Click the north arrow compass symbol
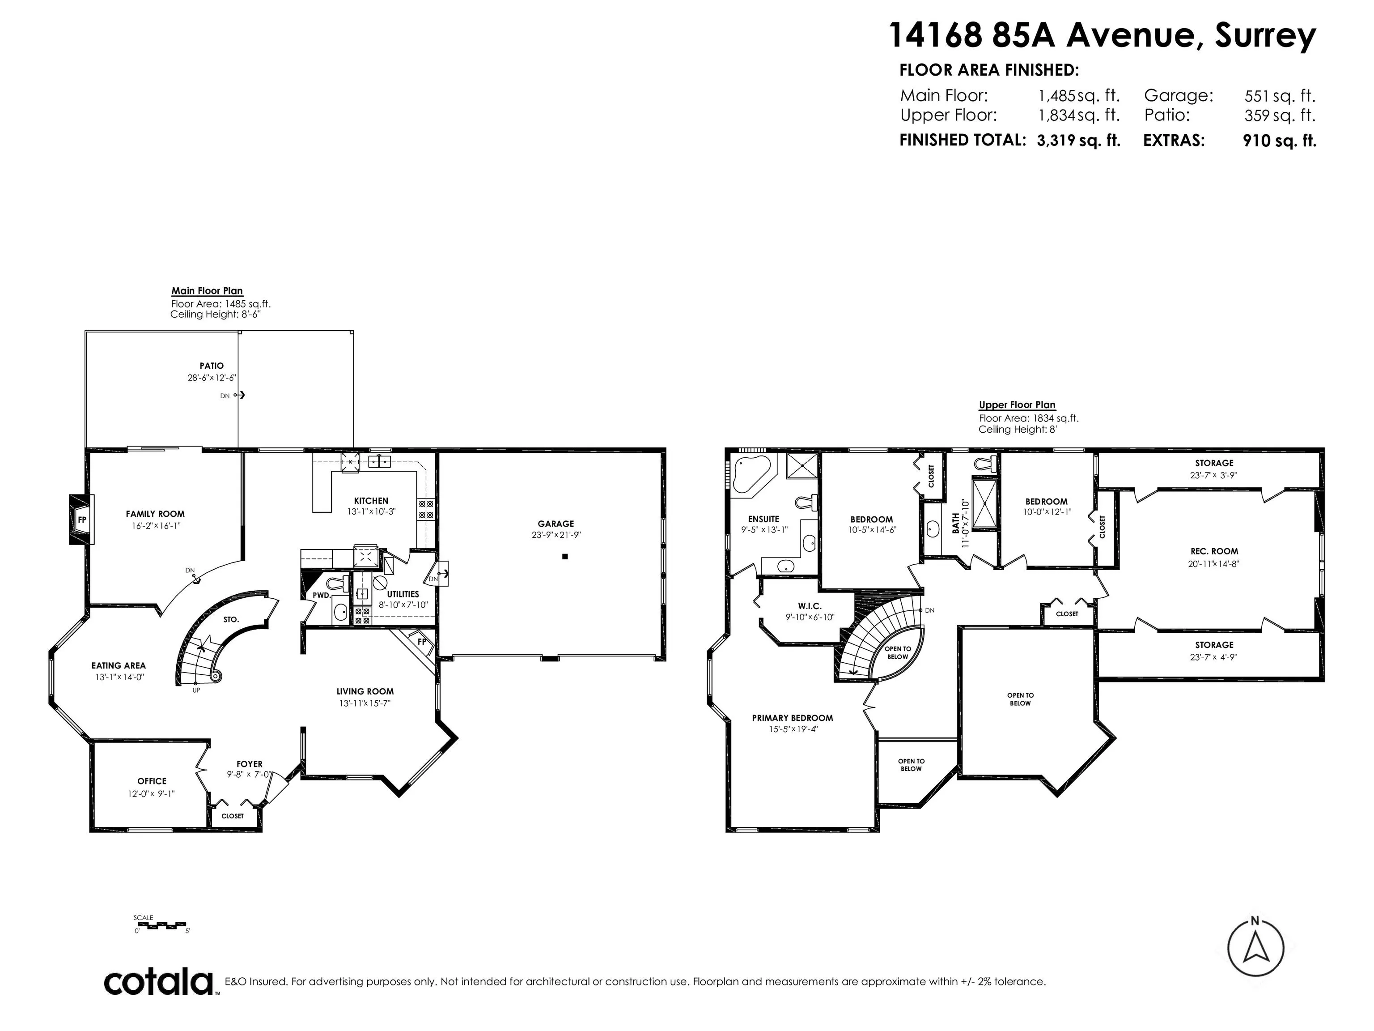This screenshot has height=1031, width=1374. (x=1255, y=948)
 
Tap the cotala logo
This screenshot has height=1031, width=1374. (x=158, y=982)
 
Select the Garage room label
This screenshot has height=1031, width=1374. (x=556, y=524)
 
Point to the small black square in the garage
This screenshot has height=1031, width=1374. (x=565, y=557)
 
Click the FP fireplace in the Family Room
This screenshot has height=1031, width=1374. (x=81, y=520)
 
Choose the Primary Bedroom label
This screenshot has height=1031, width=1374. (x=793, y=718)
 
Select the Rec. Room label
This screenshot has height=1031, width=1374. (x=1214, y=551)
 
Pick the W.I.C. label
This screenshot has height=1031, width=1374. (x=810, y=606)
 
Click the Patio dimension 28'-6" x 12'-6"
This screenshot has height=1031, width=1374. (x=212, y=377)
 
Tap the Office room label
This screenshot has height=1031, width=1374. (x=152, y=781)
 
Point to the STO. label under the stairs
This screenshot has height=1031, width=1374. (x=231, y=620)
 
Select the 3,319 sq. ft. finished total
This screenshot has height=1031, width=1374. (x=1078, y=141)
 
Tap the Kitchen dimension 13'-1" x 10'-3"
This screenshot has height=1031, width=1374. (x=371, y=512)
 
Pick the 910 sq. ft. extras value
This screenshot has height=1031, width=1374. (x=1279, y=141)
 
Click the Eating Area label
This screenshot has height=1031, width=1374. (x=119, y=665)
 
